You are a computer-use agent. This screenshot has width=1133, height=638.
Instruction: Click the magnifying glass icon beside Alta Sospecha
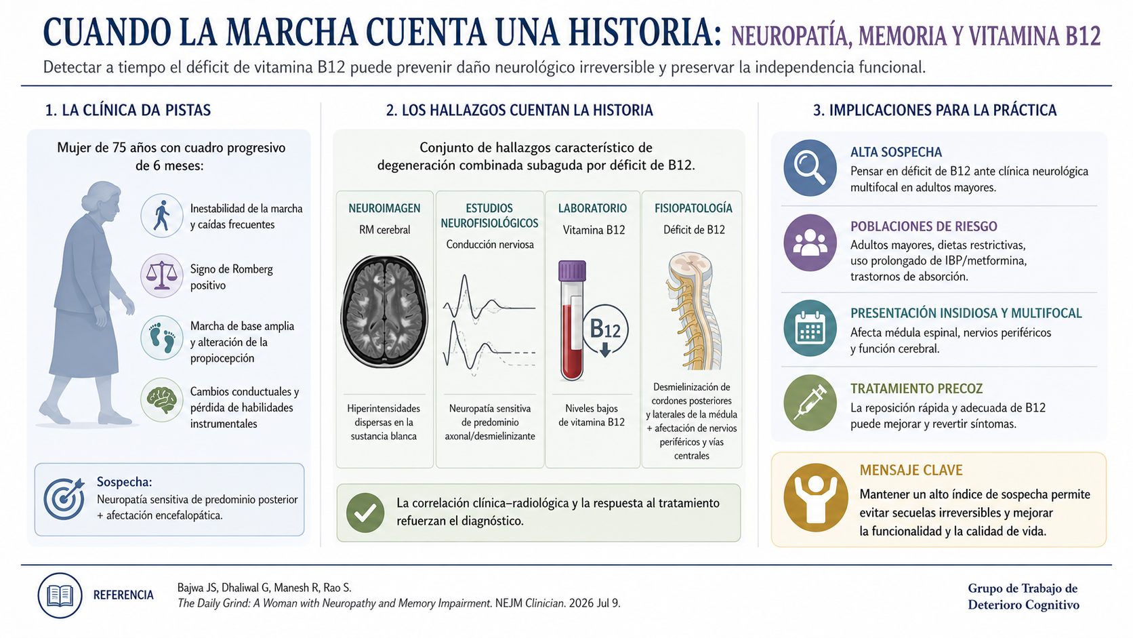click(810, 168)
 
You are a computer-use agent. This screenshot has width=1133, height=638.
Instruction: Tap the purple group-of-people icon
click(810, 243)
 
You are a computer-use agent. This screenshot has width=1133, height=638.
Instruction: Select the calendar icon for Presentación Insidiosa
click(810, 328)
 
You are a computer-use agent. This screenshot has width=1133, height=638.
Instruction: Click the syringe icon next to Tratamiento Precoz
click(810, 403)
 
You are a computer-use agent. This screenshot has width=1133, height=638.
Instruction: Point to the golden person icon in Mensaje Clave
click(815, 498)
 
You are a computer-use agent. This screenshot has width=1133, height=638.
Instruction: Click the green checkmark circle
click(365, 513)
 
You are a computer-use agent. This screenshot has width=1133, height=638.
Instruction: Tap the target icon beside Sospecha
click(64, 499)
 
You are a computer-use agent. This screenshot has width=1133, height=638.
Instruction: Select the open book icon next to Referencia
click(60, 595)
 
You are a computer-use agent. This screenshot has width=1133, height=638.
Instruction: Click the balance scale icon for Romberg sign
click(162, 275)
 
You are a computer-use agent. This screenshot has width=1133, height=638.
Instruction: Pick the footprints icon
click(162, 338)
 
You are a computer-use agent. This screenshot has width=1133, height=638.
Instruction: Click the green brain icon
click(162, 400)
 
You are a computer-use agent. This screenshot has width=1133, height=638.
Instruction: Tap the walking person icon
click(162, 216)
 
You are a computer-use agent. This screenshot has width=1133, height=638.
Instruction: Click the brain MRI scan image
click(385, 311)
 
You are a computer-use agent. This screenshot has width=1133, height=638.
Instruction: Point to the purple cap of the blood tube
click(572, 271)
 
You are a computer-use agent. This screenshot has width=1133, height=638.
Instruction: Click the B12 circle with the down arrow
click(605, 330)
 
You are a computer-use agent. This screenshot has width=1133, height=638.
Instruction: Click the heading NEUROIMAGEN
click(384, 208)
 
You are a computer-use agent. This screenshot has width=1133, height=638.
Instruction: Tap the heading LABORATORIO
click(592, 208)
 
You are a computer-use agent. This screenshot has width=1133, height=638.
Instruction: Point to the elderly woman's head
click(104, 200)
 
